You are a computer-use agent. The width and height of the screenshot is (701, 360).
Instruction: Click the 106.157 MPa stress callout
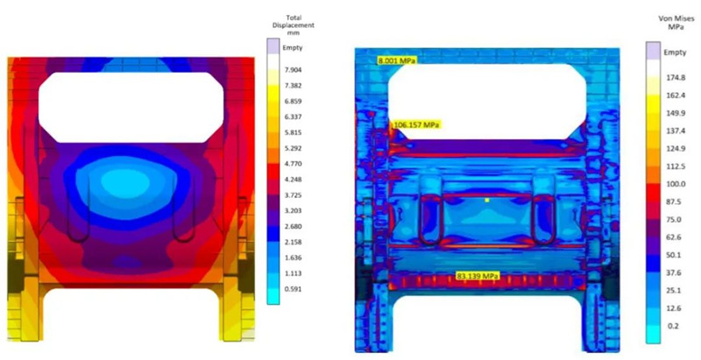[x=415, y=124]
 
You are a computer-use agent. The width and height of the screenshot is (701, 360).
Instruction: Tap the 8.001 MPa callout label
[x=397, y=60]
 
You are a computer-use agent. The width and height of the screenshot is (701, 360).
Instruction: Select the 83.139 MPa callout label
[x=477, y=276]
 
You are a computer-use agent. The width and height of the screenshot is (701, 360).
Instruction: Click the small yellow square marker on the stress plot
[x=487, y=201]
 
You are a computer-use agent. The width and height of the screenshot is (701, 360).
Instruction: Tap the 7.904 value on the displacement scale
[x=292, y=70]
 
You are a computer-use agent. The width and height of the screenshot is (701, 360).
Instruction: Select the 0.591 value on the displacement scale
[x=292, y=289]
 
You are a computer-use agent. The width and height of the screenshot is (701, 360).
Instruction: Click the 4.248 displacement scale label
[x=292, y=180]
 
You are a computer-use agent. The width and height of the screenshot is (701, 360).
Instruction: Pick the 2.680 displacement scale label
[x=292, y=227]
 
